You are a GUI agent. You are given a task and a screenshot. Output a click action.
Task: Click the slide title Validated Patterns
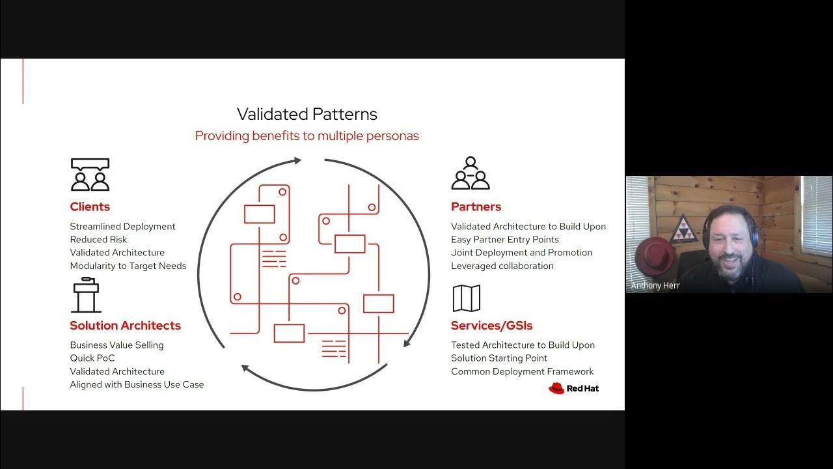pyautogui.click(x=307, y=115)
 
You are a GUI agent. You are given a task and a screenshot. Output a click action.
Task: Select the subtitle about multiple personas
pyautogui.click(x=307, y=136)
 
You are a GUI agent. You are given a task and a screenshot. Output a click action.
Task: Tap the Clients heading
pyautogui.click(x=90, y=207)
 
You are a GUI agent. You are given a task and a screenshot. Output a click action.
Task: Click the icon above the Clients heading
pyautogui.click(x=90, y=175)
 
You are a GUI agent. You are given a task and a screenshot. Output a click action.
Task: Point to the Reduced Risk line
pyautogui.click(x=98, y=240)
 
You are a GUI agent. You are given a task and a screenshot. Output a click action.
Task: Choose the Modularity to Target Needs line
pyautogui.click(x=128, y=266)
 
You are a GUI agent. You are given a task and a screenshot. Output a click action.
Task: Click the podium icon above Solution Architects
pyautogui.click(x=86, y=296)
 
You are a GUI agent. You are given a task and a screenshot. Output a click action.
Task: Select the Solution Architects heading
pyautogui.click(x=125, y=326)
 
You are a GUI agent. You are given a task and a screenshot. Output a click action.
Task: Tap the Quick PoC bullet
pyautogui.click(x=93, y=358)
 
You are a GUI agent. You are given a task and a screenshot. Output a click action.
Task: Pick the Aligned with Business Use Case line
pyautogui.click(x=137, y=384)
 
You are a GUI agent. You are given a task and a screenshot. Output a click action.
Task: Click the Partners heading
pyautogui.click(x=476, y=207)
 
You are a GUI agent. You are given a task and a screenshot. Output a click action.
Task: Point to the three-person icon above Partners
pyautogui.click(x=470, y=173)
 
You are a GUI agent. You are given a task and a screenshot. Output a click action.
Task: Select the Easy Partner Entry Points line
pyautogui.click(x=504, y=240)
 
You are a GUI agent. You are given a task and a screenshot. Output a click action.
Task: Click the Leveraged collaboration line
pyautogui.click(x=502, y=266)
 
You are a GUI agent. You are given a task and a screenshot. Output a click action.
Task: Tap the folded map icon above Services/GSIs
pyautogui.click(x=466, y=298)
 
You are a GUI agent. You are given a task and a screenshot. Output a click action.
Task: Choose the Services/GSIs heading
pyautogui.click(x=491, y=326)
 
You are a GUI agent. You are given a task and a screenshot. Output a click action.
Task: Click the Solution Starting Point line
pyautogui.click(x=498, y=358)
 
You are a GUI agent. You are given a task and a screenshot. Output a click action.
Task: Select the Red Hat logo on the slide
pyautogui.click(x=573, y=389)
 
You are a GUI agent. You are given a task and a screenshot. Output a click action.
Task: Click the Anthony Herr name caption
pyautogui.click(x=655, y=285)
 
